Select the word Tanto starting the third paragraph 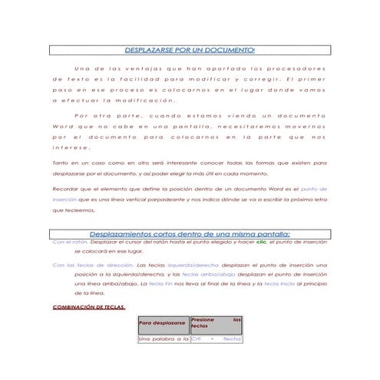[x=60, y=163]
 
